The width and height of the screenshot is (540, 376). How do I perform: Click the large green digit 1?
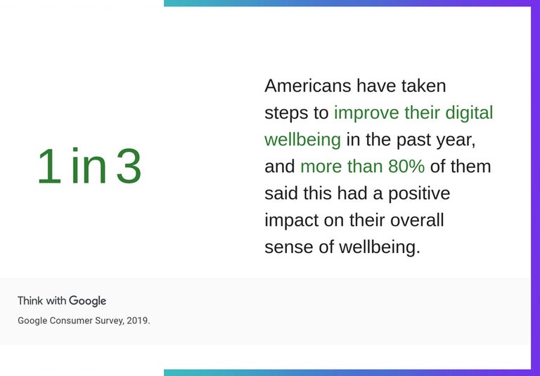[49, 167]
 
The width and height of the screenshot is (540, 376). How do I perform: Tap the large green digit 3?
[129, 167]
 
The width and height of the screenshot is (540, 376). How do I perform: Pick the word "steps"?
[285, 113]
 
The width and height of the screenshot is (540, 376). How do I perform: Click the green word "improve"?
[366, 112]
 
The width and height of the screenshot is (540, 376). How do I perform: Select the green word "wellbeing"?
[302, 140]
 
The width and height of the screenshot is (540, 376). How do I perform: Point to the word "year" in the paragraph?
[455, 140]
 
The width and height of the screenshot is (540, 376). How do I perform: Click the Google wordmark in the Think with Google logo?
[88, 301]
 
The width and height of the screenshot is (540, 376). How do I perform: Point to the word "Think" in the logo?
[30, 301]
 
